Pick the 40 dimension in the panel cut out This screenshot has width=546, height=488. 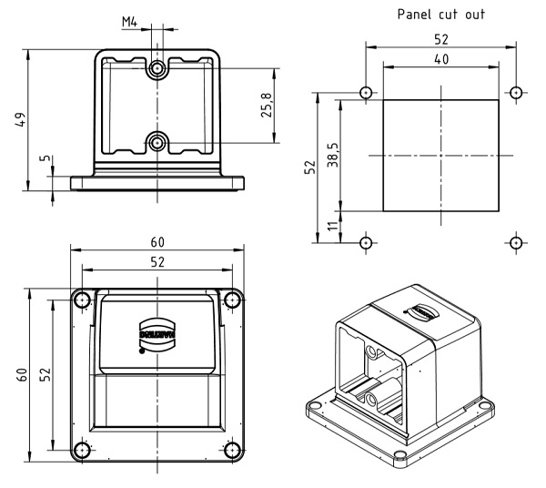(440, 58)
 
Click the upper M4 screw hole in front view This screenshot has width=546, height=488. (158, 68)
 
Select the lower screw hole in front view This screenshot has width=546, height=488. (158, 141)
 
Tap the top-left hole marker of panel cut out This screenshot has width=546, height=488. (366, 93)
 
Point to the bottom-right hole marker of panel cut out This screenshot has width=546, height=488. (516, 242)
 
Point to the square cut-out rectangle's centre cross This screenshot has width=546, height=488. (440, 157)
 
